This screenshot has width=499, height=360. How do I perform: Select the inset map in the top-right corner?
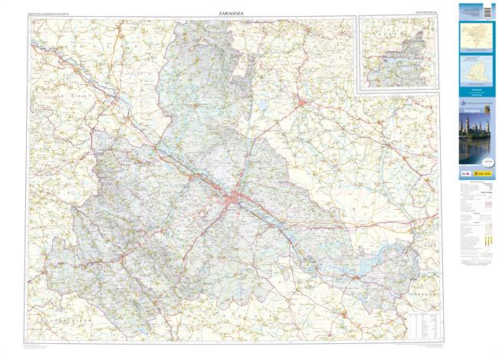pos(398,52)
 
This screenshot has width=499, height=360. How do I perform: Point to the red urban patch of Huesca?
pos(304,102)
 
